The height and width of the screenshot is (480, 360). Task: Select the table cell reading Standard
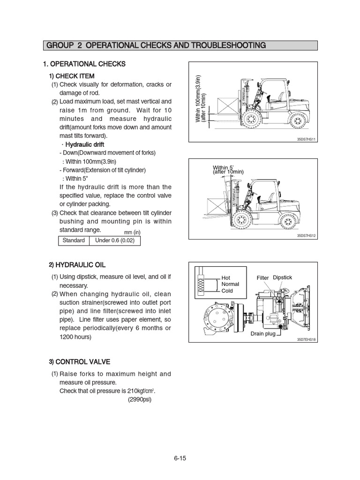[73, 240]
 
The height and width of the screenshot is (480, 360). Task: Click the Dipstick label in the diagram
[282, 277]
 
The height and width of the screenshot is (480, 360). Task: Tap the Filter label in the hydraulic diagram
[262, 278]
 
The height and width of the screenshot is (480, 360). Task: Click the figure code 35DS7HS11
[307, 139]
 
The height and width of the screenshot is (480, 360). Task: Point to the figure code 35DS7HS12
[307, 236]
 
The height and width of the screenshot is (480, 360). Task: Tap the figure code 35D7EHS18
[307, 339]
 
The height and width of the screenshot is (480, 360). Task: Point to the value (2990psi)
[140, 400]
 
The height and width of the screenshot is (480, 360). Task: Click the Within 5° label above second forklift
[223, 167]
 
